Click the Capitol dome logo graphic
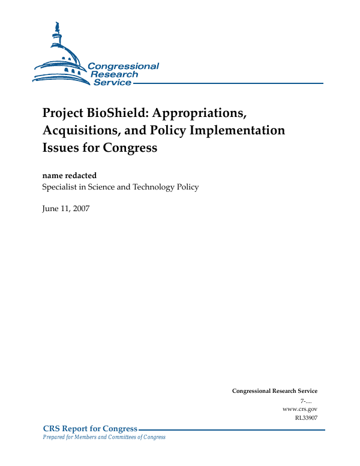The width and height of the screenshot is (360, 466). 60,57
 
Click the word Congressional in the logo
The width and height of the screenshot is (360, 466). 123,67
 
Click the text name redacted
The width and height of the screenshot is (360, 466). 69,175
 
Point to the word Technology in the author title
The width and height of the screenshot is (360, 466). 158,187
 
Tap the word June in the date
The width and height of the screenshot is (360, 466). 50,208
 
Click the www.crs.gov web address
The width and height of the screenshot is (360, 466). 299,408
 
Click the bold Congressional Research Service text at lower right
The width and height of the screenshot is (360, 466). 274,391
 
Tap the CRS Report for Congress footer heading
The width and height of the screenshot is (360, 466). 91,428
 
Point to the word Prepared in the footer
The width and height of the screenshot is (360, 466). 53,437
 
